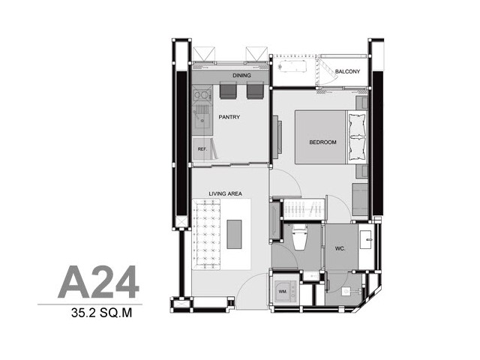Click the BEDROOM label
[x=322, y=142]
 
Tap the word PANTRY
[x=229, y=117]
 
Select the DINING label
[x=241, y=75]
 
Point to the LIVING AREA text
[x=225, y=193]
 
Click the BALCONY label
[x=347, y=72]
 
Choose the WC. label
[x=340, y=248]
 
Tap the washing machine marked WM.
[x=285, y=292]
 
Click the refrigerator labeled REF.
[x=202, y=149]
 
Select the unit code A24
[x=98, y=282]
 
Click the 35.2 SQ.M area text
[x=102, y=313]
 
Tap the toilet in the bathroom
[x=299, y=237]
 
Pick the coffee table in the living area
[x=234, y=234]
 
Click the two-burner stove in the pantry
[x=202, y=95]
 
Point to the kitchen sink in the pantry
[x=202, y=119]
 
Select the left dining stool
[x=228, y=90]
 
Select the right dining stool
[x=255, y=90]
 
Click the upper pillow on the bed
[x=357, y=125]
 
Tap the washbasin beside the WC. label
[x=366, y=240]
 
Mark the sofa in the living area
[x=206, y=235]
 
